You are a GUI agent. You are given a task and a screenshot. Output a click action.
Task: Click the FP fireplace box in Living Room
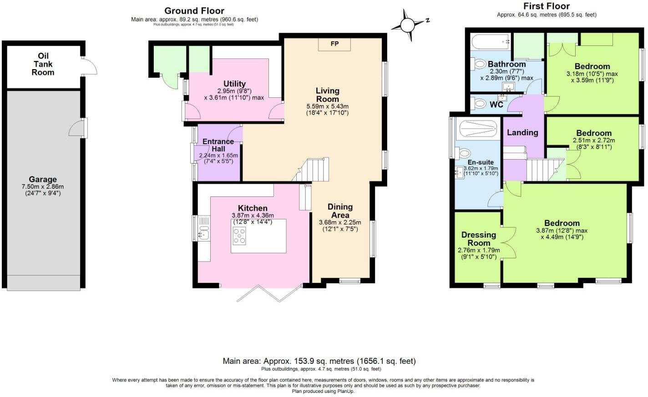click(x=334, y=44)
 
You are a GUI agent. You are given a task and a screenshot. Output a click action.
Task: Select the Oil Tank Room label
click(x=43, y=64)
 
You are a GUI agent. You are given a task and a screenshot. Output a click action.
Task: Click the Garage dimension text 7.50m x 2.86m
click(x=43, y=186)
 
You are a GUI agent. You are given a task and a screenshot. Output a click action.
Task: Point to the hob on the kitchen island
click(x=239, y=236)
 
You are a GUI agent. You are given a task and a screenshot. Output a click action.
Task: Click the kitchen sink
click(x=203, y=232)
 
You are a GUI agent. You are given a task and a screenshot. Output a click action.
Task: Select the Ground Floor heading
click(x=194, y=10)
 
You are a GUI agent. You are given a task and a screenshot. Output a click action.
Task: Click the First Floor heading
click(x=546, y=6)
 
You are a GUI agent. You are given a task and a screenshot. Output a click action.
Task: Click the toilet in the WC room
click(x=479, y=104)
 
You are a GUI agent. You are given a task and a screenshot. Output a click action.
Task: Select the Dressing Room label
click(x=479, y=239)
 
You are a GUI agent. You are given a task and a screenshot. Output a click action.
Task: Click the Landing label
click(x=522, y=132)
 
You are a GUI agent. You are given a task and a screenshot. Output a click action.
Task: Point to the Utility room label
click(x=234, y=84)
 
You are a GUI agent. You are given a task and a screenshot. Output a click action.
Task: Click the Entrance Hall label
click(x=218, y=145)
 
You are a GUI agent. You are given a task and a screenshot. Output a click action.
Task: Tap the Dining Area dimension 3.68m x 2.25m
click(x=340, y=222)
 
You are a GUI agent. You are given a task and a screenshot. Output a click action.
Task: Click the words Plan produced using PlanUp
click(x=323, y=391)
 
